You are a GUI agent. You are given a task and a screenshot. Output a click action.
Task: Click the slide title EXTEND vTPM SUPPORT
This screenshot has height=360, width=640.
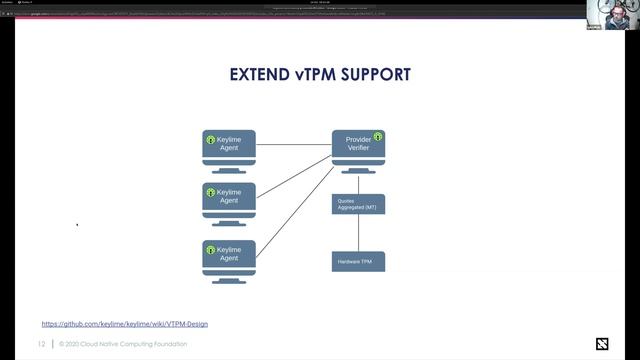[x=320, y=75]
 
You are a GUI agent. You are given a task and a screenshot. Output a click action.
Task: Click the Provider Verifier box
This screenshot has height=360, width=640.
[x=357, y=146]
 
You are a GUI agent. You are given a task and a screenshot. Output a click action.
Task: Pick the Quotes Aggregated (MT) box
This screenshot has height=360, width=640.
[x=358, y=204]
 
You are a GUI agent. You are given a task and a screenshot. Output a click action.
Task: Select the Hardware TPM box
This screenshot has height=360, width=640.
[x=358, y=262]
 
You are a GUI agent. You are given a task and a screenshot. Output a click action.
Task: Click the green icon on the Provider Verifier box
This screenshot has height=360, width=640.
[x=378, y=137]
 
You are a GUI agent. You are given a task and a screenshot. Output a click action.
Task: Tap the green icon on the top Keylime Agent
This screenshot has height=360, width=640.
[x=211, y=140]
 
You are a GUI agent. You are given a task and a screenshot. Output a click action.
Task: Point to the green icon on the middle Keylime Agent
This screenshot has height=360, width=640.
[x=211, y=192]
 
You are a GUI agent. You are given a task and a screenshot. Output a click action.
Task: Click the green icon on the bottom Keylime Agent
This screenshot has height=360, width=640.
[x=211, y=250]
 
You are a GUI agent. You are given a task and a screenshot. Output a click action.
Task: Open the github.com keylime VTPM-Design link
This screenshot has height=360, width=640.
[x=125, y=324]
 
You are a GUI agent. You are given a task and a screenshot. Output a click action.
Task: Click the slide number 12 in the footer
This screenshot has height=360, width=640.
[x=42, y=344]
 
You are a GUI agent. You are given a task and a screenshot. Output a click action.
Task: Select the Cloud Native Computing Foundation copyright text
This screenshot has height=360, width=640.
[x=122, y=344]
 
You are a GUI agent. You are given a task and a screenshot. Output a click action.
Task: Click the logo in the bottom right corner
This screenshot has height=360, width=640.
[x=602, y=345]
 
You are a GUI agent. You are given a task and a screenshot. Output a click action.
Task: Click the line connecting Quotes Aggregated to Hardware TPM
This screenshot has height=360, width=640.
[x=358, y=233]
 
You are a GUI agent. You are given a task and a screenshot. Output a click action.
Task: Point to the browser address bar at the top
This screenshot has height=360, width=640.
[x=250, y=14]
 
